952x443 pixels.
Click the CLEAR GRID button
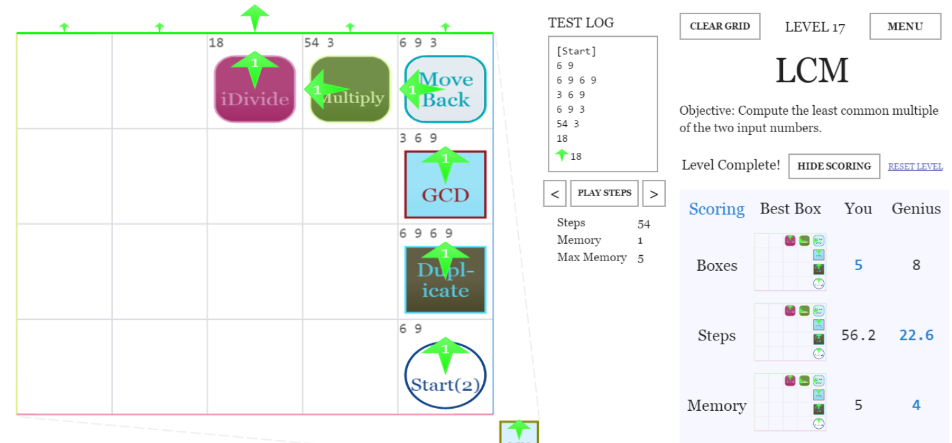(x=719, y=26)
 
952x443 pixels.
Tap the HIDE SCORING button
(x=834, y=166)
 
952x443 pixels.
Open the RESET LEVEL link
(x=915, y=166)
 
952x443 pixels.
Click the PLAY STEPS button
(x=604, y=193)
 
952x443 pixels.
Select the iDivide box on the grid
(x=255, y=89)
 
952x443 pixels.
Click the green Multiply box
(x=351, y=89)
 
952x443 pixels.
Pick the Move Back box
(x=445, y=89)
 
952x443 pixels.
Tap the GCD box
(x=445, y=184)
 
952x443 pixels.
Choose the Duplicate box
(x=445, y=280)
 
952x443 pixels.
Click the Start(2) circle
(x=445, y=376)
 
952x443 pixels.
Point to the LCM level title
(x=811, y=70)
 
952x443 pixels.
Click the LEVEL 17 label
(x=815, y=27)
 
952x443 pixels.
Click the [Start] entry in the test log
(x=576, y=51)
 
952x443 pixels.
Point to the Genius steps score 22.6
(x=915, y=335)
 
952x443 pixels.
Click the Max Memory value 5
(x=641, y=258)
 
